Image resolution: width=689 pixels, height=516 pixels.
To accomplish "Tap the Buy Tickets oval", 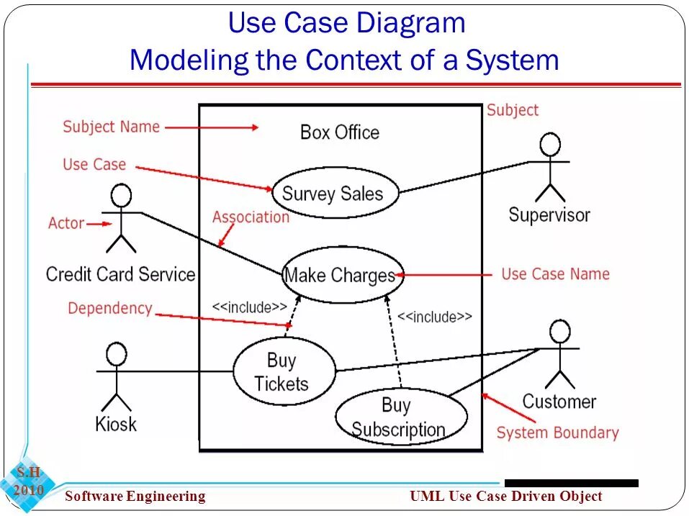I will click(x=284, y=371).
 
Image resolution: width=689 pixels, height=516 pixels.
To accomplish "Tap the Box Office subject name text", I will click(x=339, y=132).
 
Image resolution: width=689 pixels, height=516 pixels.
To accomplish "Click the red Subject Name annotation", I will click(x=111, y=127).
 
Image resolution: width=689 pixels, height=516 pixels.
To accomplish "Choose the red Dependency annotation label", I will click(x=110, y=309).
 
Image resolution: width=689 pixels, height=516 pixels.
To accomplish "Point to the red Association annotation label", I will click(x=251, y=217).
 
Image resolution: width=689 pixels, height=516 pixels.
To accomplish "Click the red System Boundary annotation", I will click(x=557, y=433).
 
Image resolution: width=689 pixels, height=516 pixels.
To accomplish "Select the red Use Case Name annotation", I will click(x=555, y=274).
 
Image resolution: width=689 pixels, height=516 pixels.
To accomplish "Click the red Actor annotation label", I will click(x=66, y=223).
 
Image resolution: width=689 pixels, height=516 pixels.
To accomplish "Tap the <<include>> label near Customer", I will click(x=435, y=317).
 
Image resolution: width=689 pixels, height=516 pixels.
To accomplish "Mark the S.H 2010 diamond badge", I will click(x=29, y=481).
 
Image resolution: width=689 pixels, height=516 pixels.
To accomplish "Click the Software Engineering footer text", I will click(x=135, y=496).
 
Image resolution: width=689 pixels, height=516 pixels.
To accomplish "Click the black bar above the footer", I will click(x=571, y=483).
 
